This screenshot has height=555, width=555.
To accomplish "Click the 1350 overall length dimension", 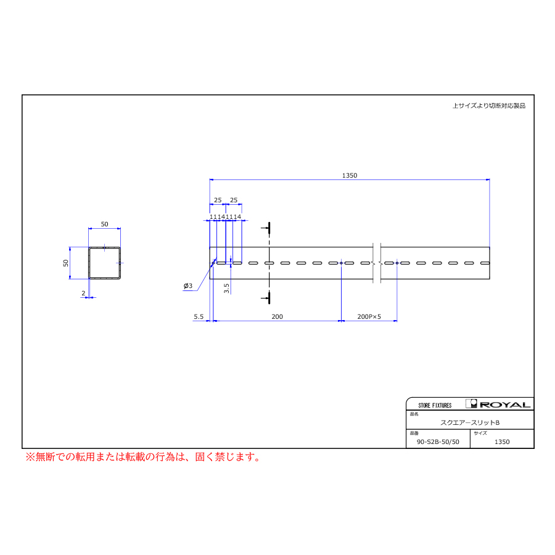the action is pos(350,176).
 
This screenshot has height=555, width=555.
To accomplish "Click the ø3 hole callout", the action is pos(188,286).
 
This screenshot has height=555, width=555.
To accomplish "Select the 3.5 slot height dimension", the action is pos(226,289).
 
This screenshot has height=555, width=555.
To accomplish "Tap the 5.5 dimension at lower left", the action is pos(199,317).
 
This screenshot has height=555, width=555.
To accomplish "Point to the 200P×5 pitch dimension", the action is pos(369,317).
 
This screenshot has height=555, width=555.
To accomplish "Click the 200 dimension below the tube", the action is pos(277,317).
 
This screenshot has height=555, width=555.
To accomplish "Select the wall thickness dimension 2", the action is pos(83,294).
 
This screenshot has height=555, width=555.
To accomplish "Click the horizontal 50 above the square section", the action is pos(104,224).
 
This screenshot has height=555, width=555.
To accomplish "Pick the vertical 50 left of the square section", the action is pos(66,263).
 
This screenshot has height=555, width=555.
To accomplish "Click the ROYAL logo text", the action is pos(505,405).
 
